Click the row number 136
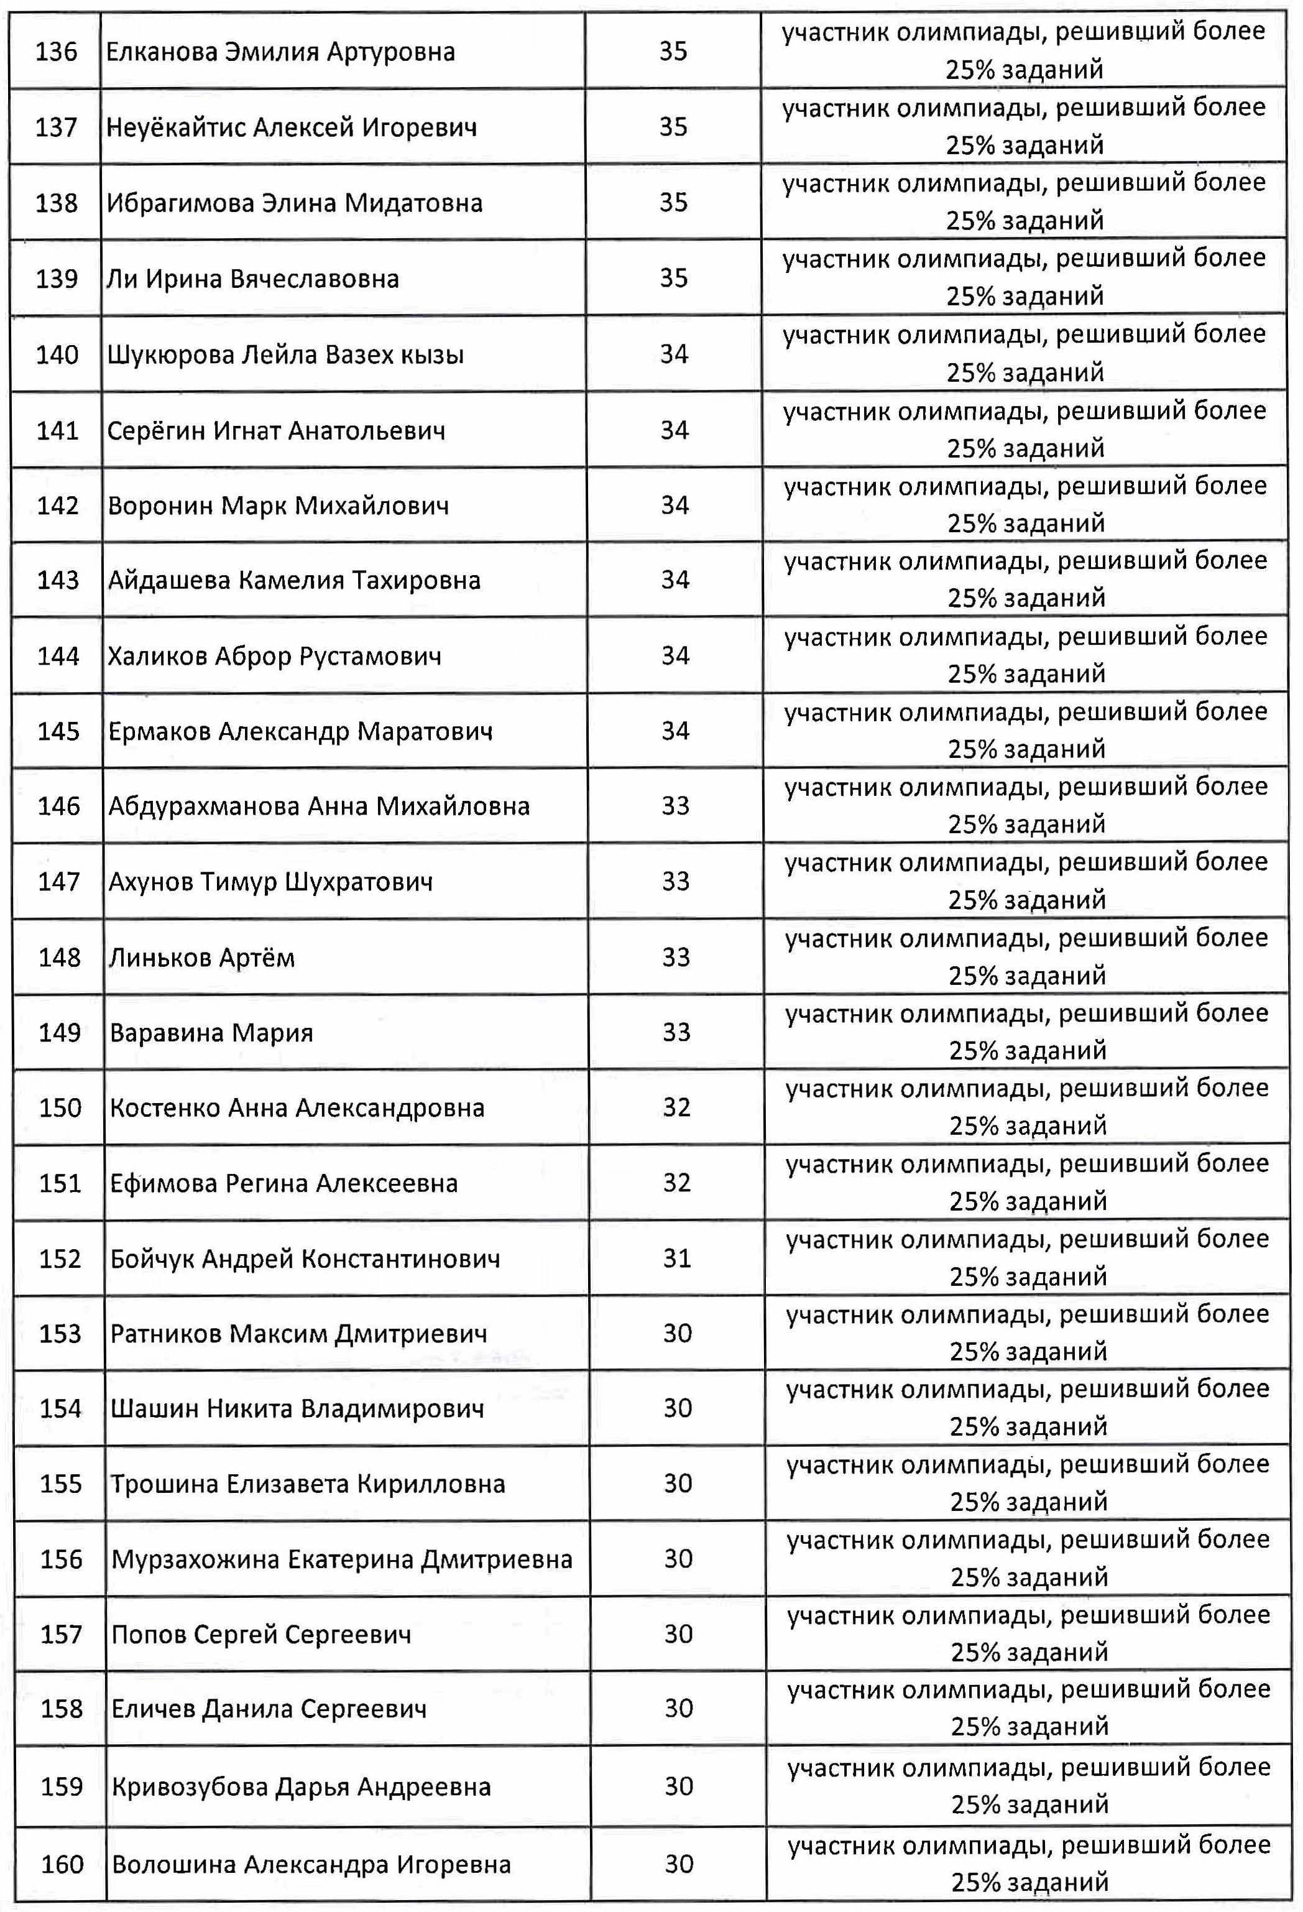[x=56, y=52]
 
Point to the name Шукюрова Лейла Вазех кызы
[x=285, y=354]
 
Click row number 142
[x=58, y=505]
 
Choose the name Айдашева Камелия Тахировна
[x=293, y=581]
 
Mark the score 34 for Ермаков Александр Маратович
[x=675, y=731]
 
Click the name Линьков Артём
[x=201, y=958]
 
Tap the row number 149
[x=59, y=1033]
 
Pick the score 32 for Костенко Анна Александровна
[x=676, y=1107]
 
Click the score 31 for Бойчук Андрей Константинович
[x=676, y=1258]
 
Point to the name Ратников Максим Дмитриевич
[x=298, y=1334]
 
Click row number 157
[x=61, y=1635]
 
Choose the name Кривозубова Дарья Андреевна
[x=301, y=1787]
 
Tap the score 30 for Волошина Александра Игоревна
[x=679, y=1864]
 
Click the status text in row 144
[x=1026, y=655]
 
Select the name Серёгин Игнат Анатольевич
[x=277, y=430]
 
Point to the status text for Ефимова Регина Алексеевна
[x=1028, y=1182]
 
